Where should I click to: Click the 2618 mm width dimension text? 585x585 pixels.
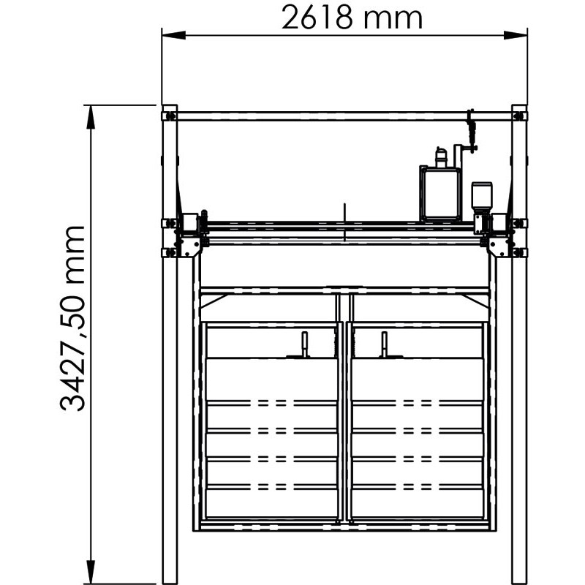[352, 17]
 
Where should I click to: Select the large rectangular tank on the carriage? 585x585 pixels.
[439, 194]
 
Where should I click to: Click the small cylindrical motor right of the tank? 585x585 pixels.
[481, 196]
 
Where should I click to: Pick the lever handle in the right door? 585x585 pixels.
[383, 344]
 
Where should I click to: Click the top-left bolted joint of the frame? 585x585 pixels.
[170, 115]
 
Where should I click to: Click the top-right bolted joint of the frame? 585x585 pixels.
[519, 115]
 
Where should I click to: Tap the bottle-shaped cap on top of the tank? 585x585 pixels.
[440, 156]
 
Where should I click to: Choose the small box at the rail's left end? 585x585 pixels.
[190, 222]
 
